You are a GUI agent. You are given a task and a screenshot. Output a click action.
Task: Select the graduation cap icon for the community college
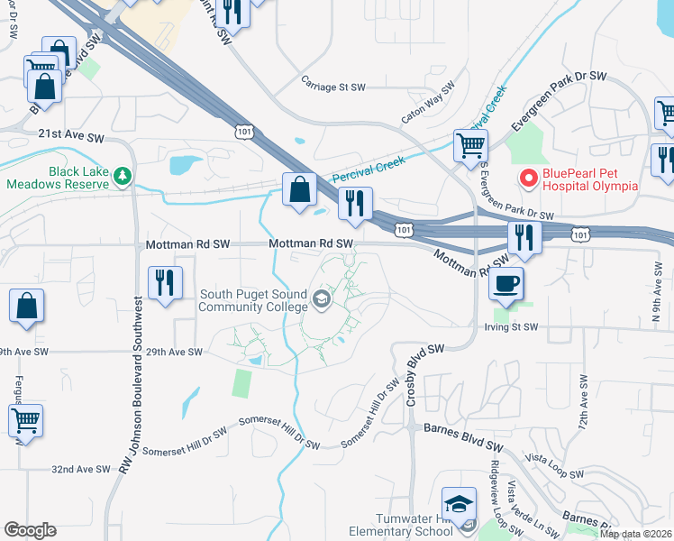[321, 298]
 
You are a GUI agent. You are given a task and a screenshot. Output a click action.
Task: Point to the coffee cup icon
[505, 283]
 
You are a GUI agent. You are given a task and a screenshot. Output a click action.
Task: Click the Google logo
[30, 530]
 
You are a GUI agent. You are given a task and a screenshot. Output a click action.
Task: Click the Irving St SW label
[510, 327]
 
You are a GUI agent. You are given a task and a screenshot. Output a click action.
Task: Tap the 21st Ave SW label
[71, 134]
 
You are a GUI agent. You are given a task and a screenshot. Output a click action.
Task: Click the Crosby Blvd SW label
[426, 373]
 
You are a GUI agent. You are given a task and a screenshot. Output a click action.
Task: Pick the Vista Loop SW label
[552, 465]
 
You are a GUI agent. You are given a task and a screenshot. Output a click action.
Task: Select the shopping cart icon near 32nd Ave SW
[25, 420]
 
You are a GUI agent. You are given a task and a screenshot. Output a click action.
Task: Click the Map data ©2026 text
[635, 533]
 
